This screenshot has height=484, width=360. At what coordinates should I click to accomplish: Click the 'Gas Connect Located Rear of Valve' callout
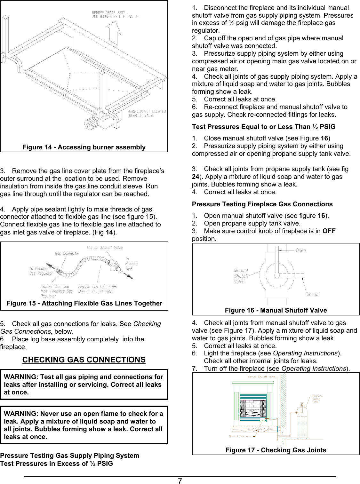[147, 113]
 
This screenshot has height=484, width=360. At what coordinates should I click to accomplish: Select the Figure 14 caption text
[84, 147]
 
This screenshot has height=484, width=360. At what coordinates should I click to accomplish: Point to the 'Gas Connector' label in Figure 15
[67, 253]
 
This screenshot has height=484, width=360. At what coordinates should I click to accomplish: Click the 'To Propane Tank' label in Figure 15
[132, 264]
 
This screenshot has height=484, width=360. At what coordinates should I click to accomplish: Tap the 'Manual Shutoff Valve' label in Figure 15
[104, 248]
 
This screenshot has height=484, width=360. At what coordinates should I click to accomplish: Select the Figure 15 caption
[84, 303]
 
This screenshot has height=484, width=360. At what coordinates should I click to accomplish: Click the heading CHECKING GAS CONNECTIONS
[84, 360]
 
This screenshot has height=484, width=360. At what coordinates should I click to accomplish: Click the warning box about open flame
[84, 425]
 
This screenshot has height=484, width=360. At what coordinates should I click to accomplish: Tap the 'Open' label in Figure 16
[300, 250]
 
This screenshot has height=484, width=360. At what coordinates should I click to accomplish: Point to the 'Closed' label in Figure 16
[312, 294]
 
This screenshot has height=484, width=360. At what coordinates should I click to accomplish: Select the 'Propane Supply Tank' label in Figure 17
[317, 399]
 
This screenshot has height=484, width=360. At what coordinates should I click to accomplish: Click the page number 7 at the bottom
[180, 481]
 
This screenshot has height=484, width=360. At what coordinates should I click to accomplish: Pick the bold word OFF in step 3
[329, 231]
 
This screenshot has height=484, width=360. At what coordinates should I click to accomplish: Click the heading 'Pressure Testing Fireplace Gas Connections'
[262, 204]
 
